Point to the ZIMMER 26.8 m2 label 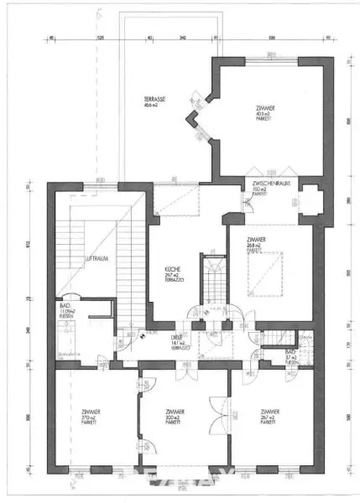click(x=257, y=243)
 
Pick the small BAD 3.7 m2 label click(x=290, y=355)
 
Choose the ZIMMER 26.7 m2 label click(x=269, y=415)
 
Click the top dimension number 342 click(x=183, y=38)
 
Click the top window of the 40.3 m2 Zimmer click(x=269, y=58)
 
